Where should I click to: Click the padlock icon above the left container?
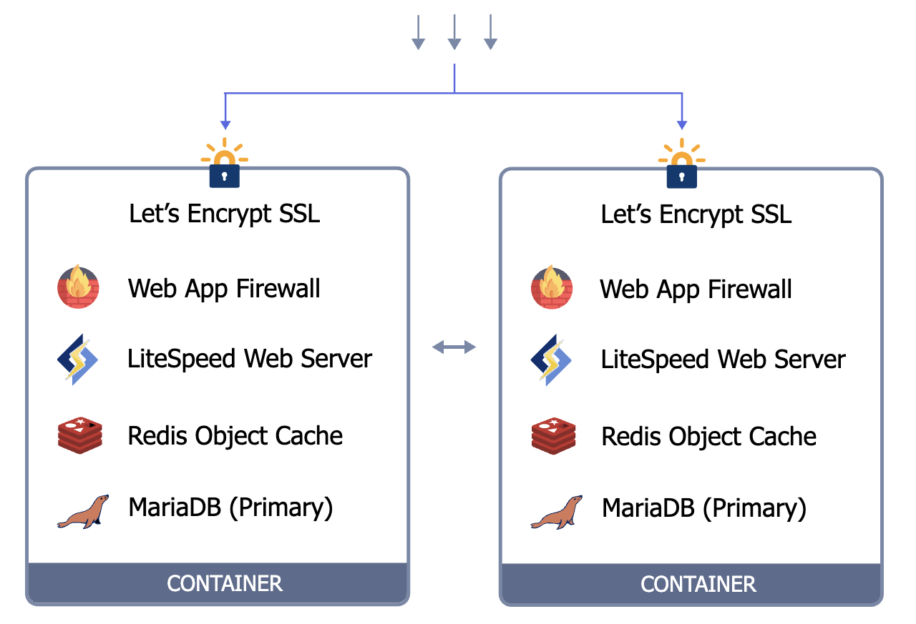pos(225,172)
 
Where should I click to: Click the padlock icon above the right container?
pos(681,172)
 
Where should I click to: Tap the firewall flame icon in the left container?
pos(78,287)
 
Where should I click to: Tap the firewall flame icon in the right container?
pos(552,287)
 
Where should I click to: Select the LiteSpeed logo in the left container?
pos(78,359)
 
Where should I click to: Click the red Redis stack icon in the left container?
pos(79,435)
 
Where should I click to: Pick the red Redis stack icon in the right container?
pos(553,435)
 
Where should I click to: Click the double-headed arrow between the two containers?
pos(454,347)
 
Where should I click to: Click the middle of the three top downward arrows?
pos(454,34)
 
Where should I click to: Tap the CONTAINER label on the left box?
pos(225,583)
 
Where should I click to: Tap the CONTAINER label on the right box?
pos(698,584)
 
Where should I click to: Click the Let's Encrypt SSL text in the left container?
pos(225,214)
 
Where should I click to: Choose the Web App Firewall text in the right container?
pos(696,289)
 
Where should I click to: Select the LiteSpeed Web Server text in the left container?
pos(250,359)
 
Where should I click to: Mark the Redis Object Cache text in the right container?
pos(708,436)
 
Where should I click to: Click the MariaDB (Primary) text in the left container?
pos(230,507)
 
